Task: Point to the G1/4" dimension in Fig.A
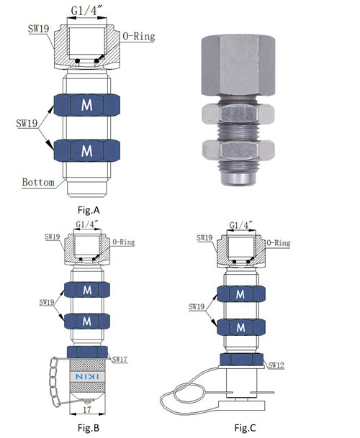[x=87, y=11]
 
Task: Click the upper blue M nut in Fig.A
[x=87, y=106]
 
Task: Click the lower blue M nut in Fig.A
[x=87, y=150]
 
